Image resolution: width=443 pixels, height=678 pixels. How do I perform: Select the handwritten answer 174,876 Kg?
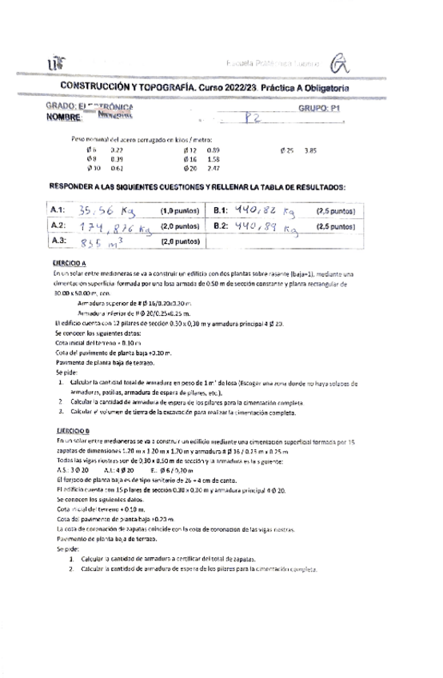[116, 228]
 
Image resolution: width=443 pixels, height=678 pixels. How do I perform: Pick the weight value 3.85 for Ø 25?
[311, 150]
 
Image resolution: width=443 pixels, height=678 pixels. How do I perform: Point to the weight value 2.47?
[213, 169]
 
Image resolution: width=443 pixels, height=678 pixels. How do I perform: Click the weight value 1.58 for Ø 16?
[213, 159]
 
